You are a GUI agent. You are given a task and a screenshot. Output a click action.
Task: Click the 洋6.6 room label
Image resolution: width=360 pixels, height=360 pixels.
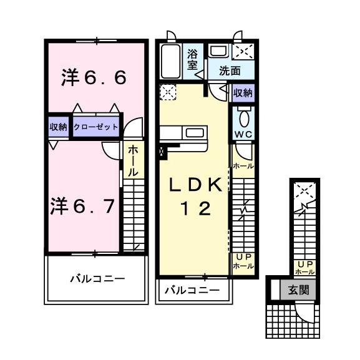[x=94, y=77]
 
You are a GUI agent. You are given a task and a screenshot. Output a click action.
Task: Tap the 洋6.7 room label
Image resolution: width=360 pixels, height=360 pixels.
[x=82, y=206]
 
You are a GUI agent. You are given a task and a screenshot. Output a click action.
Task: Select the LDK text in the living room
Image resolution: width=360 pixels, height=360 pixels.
[x=196, y=185]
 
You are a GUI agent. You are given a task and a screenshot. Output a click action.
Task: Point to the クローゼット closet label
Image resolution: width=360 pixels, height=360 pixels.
[x=95, y=127]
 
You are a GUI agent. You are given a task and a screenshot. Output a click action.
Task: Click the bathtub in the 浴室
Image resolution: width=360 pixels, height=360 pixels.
[x=170, y=61]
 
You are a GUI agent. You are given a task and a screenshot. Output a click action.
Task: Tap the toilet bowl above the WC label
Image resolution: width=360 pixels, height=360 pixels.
[x=243, y=119]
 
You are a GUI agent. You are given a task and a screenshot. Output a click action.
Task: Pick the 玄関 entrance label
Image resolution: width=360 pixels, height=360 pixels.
[x=298, y=290]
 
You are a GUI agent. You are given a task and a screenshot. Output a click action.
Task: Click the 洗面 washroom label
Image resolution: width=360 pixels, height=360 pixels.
[x=230, y=71]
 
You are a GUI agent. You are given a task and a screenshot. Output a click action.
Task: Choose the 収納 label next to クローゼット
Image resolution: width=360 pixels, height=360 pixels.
[x=58, y=127]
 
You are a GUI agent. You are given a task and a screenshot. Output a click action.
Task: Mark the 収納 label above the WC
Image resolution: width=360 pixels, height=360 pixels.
[x=243, y=93]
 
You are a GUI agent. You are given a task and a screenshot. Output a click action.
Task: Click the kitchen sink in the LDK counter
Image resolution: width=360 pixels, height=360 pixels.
[x=195, y=133]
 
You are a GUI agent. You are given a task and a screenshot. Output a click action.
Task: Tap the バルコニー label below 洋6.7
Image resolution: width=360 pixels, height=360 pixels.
[x=97, y=279]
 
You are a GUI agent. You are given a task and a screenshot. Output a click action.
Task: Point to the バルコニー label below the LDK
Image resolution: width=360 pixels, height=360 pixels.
[x=192, y=291]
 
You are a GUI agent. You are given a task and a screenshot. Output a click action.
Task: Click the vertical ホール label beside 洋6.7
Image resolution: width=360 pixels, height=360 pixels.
[x=133, y=161]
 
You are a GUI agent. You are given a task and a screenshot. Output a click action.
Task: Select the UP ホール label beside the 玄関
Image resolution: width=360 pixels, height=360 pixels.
[x=304, y=268]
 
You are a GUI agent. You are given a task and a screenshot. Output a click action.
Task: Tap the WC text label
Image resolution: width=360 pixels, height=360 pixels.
[x=243, y=135]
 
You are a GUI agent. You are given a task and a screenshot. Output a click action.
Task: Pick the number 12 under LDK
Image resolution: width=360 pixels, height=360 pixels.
[x=196, y=208]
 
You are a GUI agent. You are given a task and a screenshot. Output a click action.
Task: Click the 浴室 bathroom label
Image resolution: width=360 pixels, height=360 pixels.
[x=192, y=59]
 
